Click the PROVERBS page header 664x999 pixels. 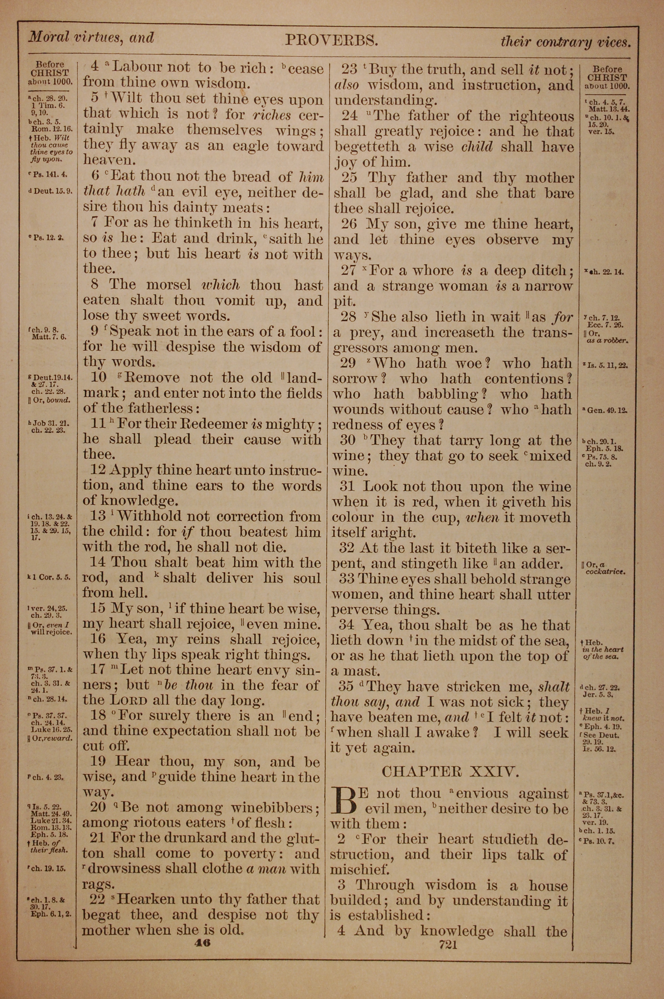tap(331, 40)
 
